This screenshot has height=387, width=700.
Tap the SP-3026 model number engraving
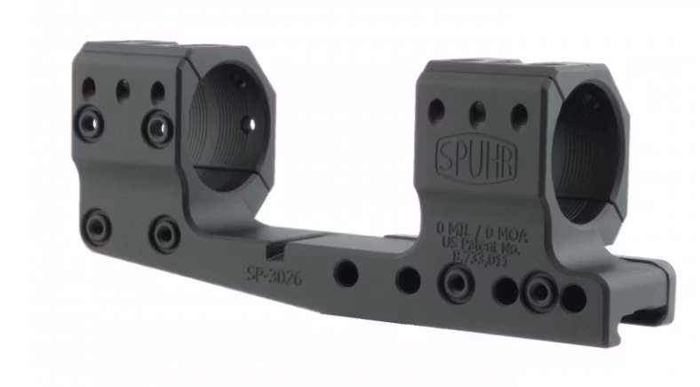(274, 276)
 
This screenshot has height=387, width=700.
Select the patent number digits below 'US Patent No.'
(482, 259)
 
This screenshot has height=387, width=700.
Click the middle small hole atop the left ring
(123, 89)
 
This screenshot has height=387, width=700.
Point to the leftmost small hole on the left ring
(88, 87)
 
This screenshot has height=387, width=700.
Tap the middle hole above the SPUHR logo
(477, 113)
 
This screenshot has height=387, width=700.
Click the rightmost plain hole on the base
(574, 297)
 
